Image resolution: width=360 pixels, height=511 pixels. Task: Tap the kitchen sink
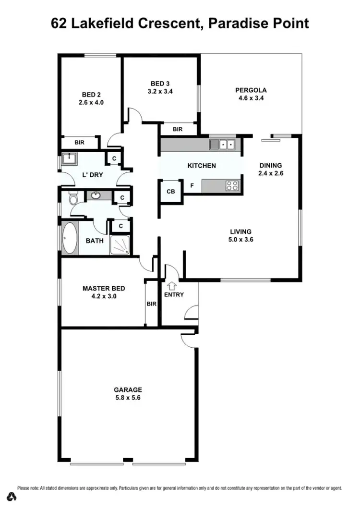[222, 144]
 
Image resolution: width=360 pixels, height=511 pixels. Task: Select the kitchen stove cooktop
[232, 185]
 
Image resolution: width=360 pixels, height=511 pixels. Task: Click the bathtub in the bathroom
[69, 239]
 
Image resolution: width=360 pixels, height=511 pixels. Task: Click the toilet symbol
[73, 198]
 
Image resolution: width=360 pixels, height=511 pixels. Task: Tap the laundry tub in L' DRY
[67, 158]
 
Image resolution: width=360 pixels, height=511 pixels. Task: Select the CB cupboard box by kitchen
[171, 192]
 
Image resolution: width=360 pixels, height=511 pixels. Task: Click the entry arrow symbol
[170, 285]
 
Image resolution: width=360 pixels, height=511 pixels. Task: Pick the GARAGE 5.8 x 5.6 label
[128, 394]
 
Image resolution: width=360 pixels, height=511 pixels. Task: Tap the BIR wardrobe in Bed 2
[80, 143]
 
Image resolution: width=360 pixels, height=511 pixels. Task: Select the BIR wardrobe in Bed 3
[178, 129]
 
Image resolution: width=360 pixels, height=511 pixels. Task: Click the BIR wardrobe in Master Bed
[151, 304]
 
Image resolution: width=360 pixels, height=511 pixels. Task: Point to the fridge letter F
[192, 185]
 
